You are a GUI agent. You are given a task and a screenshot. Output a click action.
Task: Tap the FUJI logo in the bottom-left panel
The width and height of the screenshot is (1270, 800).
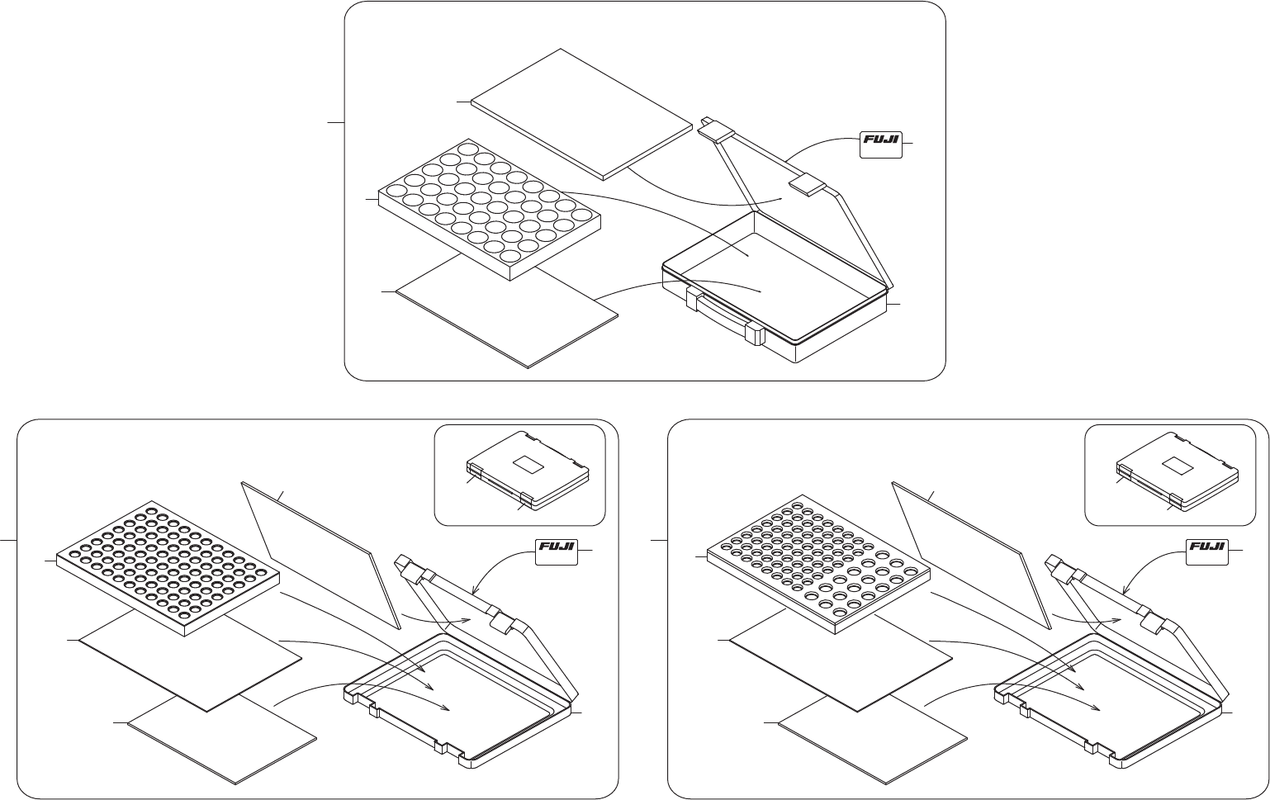556,551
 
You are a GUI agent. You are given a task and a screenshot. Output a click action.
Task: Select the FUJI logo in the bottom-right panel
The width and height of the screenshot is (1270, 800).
1206,551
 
